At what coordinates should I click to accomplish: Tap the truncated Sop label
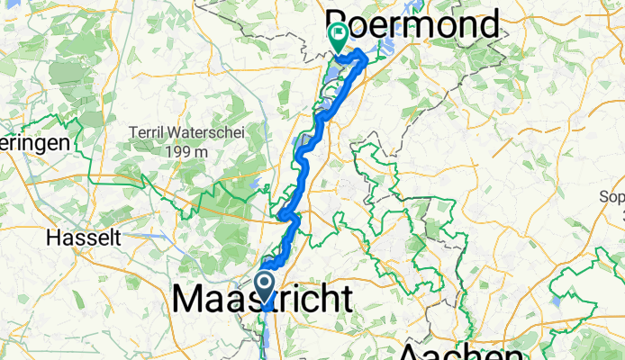(x=613, y=195)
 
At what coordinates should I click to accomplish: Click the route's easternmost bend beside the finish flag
(x=366, y=59)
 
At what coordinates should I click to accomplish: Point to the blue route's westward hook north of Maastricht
(x=282, y=214)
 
